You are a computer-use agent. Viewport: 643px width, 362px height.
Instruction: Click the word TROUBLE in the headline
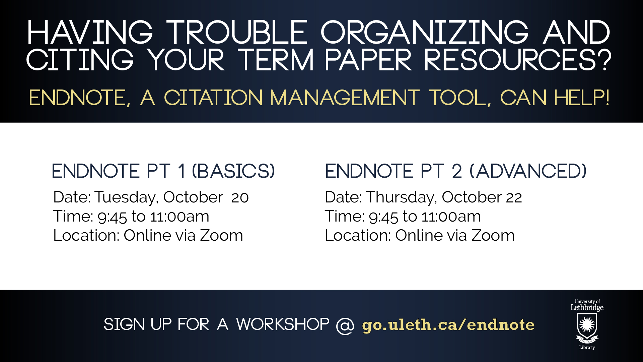coord(237,33)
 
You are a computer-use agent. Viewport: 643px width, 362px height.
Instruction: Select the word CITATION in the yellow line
coord(213,98)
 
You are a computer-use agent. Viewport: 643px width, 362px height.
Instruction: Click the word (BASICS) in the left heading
coord(233,171)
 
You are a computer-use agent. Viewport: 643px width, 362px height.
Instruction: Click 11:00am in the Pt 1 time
coord(180,217)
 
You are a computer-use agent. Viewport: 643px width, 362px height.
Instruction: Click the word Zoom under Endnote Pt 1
coord(221,235)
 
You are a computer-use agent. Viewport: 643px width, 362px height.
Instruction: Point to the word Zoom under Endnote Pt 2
coord(493,235)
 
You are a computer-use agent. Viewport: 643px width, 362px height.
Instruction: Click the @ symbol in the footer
coord(345,325)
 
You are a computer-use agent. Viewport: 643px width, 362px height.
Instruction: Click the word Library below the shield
coord(587,348)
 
